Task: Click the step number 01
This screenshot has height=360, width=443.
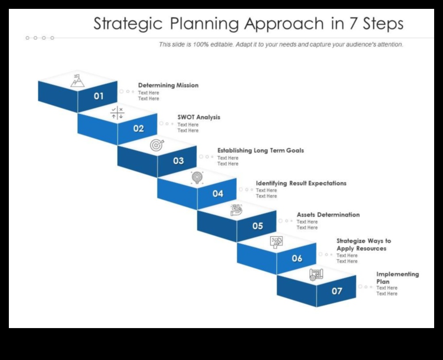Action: [x=98, y=96]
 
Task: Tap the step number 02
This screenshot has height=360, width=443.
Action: [x=139, y=129]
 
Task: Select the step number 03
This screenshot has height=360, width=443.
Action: [x=178, y=161]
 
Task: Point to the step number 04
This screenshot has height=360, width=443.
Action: [x=218, y=194]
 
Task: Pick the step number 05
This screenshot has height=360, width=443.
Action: [x=258, y=226]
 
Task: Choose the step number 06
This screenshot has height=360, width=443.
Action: [x=297, y=258]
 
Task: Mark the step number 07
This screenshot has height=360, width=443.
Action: [x=337, y=291]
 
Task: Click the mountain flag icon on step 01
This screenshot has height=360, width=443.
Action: [x=78, y=80]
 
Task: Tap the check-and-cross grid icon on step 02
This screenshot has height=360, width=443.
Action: [x=117, y=113]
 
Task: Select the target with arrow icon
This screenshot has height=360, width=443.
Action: [x=157, y=145]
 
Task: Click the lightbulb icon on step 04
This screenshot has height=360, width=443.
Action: [x=197, y=177]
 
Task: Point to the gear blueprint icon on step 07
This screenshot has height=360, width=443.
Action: [x=316, y=274]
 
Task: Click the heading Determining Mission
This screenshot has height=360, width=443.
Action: [x=168, y=85]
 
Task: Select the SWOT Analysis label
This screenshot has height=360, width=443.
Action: [x=199, y=117]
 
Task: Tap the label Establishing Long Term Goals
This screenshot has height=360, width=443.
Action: [x=260, y=151]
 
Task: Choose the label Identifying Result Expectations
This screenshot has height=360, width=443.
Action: [x=301, y=183]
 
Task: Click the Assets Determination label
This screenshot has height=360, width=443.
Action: [x=328, y=215]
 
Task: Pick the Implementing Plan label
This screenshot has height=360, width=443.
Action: [x=397, y=278]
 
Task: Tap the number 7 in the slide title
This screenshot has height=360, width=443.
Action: [x=353, y=24]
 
